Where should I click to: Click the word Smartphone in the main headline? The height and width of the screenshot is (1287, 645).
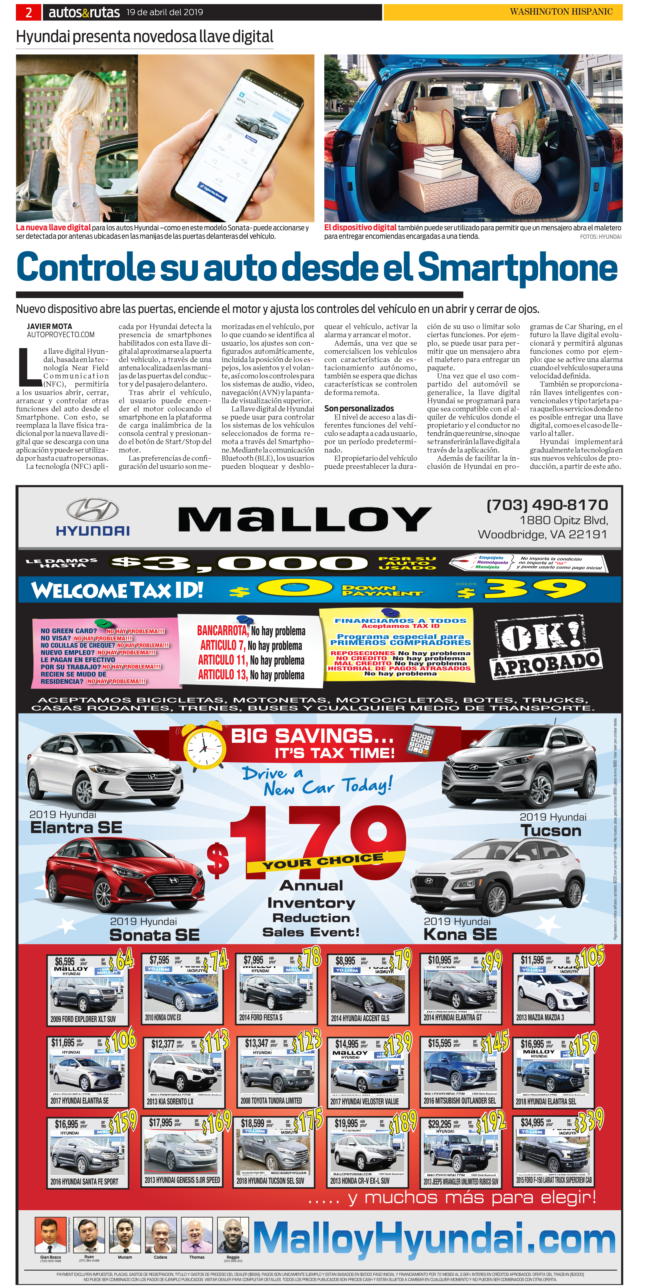517,268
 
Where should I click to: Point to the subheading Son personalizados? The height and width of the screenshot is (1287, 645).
359,408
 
